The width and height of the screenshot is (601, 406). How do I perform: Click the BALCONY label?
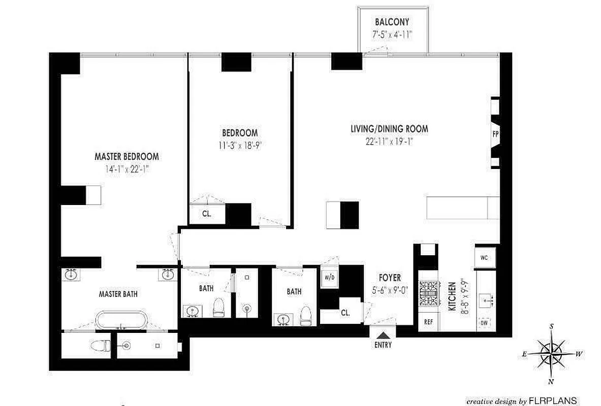coord(392,22)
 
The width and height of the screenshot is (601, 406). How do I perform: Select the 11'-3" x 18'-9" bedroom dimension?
coord(239,144)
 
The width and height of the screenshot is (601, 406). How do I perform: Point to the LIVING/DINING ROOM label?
coord(389,129)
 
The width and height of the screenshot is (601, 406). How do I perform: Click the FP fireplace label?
coord(495,134)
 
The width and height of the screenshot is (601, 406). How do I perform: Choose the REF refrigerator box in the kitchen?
coord(428,321)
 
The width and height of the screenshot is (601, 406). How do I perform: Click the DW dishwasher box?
coord(484,323)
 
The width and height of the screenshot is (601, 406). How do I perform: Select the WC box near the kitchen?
coord(484,257)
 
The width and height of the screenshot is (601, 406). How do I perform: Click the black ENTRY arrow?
coord(384,334)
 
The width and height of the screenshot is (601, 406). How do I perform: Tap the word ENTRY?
coord(384,346)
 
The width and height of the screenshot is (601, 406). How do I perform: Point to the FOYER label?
coord(390,278)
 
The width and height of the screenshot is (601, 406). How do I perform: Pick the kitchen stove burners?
coord(428,294)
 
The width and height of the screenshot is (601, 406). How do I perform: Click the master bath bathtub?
coord(122,321)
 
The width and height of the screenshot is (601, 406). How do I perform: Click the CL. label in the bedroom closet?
coord(206,214)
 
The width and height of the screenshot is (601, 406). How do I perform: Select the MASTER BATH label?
coord(118,293)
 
